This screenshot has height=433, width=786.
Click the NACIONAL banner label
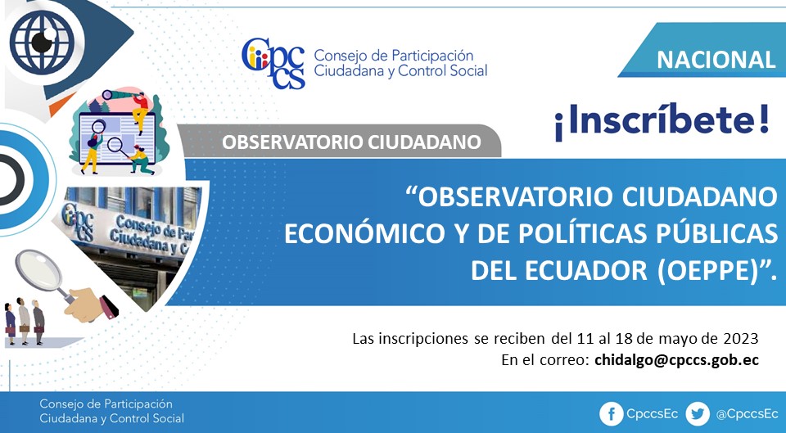716,60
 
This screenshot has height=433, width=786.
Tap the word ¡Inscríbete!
662,124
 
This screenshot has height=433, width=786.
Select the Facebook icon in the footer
612,414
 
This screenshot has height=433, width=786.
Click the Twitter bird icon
698,414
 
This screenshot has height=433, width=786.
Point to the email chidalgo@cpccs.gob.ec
677,360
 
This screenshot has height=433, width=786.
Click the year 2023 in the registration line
740,339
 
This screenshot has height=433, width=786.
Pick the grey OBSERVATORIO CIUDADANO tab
341,142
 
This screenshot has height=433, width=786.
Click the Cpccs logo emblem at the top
273,63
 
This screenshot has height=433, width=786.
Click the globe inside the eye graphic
42,42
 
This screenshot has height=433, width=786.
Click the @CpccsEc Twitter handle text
747,414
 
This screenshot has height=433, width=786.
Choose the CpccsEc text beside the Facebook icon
652,414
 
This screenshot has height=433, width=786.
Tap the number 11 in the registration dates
581,339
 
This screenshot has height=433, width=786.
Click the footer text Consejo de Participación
106,404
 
